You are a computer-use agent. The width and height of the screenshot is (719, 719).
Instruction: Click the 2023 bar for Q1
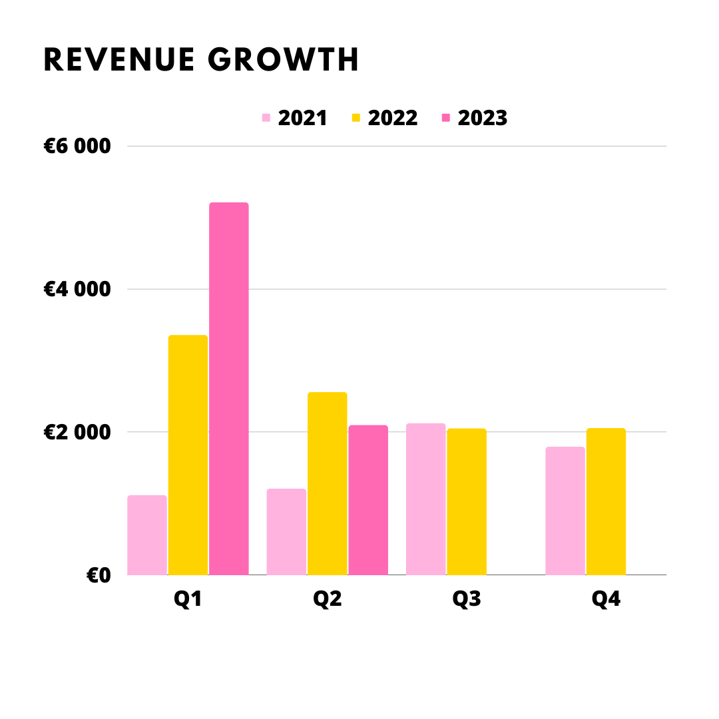pyautogui.click(x=228, y=389)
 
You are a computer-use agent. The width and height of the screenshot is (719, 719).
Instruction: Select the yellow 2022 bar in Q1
pyautogui.click(x=188, y=455)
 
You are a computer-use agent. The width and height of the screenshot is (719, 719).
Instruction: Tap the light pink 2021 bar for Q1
pyautogui.click(x=146, y=535)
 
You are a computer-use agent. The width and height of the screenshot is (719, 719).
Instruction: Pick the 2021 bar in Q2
pyautogui.click(x=286, y=532)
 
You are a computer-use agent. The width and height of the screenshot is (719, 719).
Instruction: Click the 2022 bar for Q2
pyautogui.click(x=327, y=484)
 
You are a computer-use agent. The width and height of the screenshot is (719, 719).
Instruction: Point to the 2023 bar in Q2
pyautogui.click(x=367, y=500)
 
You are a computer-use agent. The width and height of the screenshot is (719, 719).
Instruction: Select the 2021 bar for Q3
pyautogui.click(x=425, y=499)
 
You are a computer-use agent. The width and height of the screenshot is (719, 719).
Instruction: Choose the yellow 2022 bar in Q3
pyautogui.click(x=466, y=502)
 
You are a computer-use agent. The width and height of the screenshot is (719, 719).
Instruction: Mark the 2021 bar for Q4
pyautogui.click(x=565, y=511)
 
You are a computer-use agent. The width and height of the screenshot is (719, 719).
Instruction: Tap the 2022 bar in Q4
pyautogui.click(x=606, y=502)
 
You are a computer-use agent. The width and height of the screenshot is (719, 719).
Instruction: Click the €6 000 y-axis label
pyautogui.click(x=77, y=146)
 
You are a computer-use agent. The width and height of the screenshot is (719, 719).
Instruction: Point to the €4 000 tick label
pyautogui.click(x=77, y=289)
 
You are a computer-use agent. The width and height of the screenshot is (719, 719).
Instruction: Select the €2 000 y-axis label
pyautogui.click(x=77, y=432)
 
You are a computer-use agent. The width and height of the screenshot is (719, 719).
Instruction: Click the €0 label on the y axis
pyautogui.click(x=99, y=575)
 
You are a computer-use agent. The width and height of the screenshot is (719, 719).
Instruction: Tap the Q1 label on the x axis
pyautogui.click(x=188, y=599)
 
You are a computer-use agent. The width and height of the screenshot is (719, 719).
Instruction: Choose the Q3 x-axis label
pyautogui.click(x=467, y=599)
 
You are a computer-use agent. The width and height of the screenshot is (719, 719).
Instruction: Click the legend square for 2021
pyautogui.click(x=266, y=118)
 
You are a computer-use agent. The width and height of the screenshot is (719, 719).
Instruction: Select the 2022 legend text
pyautogui.click(x=393, y=118)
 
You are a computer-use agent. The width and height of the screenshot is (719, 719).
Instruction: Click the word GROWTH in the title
pyautogui.click(x=284, y=61)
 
